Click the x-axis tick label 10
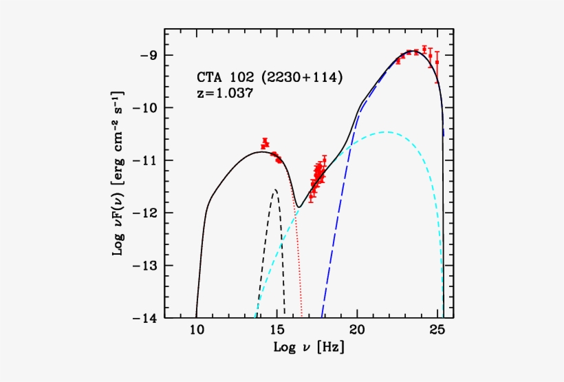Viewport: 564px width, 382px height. click(196, 330)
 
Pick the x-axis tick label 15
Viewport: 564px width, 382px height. click(276, 330)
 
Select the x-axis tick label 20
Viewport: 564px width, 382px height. click(357, 330)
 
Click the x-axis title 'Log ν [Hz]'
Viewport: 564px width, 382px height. click(308, 348)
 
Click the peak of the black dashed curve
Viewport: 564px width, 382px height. click(275, 190)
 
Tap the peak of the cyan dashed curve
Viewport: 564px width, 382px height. click(385, 132)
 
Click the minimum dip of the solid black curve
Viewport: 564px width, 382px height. click(299, 206)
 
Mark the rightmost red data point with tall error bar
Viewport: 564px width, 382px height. click(437, 63)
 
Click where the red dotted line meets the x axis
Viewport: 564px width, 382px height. click(302, 317)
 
